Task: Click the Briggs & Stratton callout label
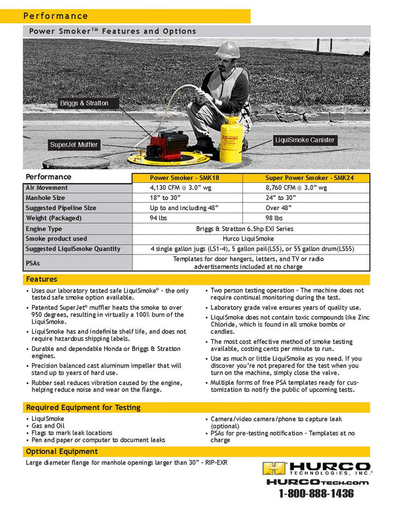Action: (84, 104)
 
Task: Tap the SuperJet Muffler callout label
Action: (74, 145)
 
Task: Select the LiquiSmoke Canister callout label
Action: (305, 140)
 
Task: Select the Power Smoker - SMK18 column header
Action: (187, 178)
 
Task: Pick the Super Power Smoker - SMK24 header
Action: (306, 178)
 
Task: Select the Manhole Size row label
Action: (47, 197)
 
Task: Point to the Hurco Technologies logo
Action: (317, 468)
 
